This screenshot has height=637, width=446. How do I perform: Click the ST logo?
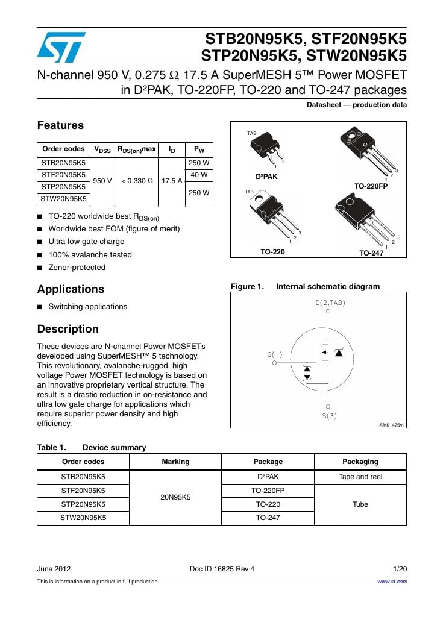[61, 48]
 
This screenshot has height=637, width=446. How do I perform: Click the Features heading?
[60, 125]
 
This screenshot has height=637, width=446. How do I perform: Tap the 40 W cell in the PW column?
[199, 175]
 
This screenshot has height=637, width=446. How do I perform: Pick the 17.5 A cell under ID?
[172, 181]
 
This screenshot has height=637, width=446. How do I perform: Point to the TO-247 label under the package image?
[371, 253]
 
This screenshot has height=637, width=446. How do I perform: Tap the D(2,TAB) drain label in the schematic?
[330, 303]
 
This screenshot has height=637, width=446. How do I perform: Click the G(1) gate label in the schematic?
[275, 354]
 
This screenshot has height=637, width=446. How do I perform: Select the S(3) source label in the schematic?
[328, 416]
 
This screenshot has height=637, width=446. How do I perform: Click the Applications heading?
[71, 289]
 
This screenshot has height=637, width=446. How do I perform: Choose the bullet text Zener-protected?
[77, 268]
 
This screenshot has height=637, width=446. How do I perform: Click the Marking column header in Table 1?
[175, 462]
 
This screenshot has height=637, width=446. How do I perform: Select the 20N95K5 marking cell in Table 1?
[175, 497]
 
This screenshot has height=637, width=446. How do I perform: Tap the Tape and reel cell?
[360, 477]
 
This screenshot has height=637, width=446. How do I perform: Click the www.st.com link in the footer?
[392, 582]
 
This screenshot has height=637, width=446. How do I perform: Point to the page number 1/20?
[400, 569]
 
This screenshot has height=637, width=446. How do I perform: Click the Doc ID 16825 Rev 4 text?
[222, 569]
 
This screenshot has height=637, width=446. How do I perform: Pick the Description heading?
[68, 329]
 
